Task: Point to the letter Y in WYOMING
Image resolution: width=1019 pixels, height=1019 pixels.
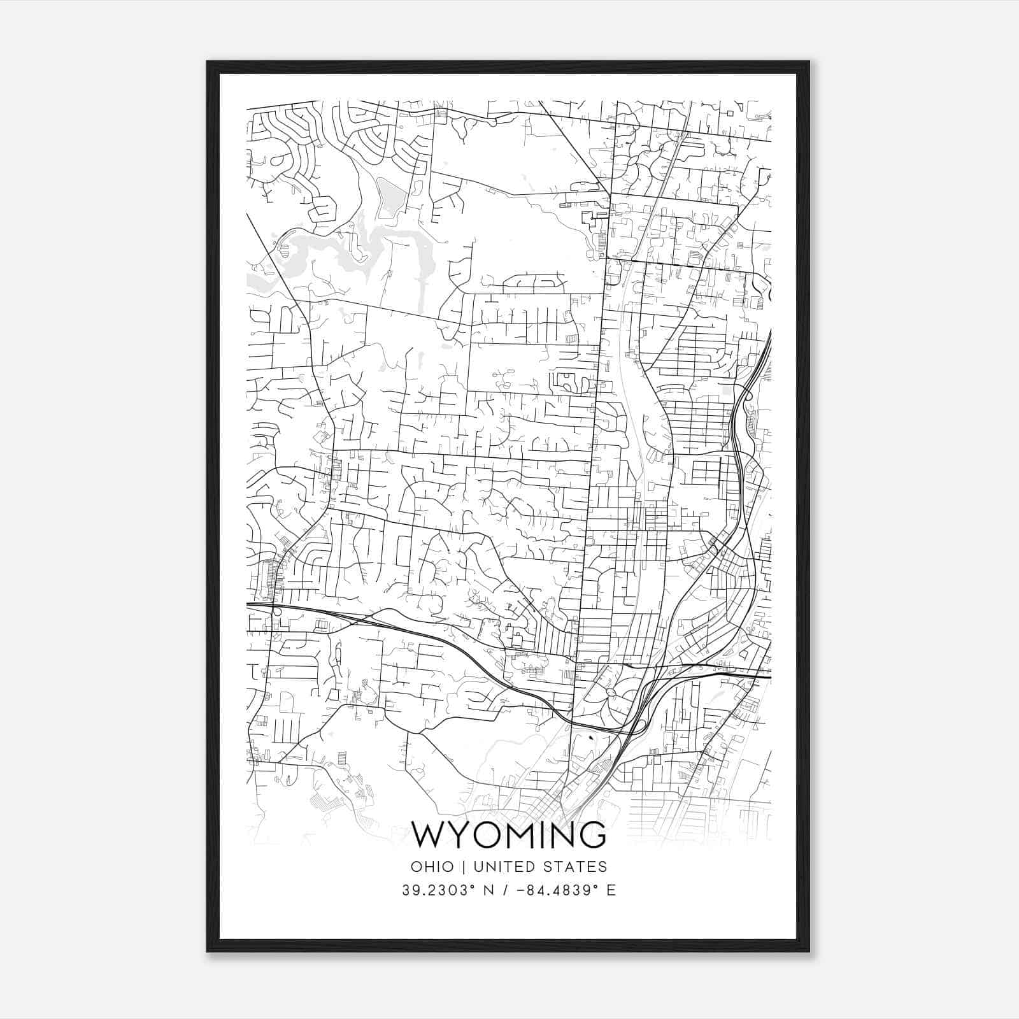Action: tap(459, 835)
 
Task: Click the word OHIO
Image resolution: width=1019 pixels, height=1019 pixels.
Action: tap(432, 867)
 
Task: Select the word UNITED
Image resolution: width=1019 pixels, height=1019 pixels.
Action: tap(502, 867)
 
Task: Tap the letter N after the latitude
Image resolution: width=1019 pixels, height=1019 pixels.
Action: tap(489, 890)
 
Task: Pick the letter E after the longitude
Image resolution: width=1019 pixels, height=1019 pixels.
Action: tap(611, 890)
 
